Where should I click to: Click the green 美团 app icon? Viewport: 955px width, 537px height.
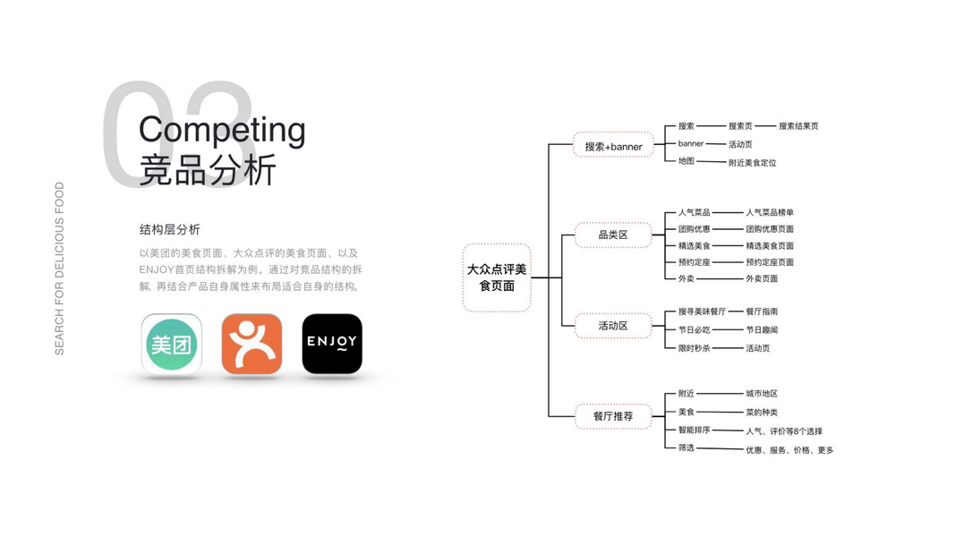pos(172,344)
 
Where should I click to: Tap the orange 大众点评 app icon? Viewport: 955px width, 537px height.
pos(252,344)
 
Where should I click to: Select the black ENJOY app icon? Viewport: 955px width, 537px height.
pos(332,344)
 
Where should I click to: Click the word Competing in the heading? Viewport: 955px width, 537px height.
pos(222,131)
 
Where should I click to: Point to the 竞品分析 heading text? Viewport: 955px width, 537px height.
pos(208,170)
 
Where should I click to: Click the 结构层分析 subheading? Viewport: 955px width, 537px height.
pos(170,230)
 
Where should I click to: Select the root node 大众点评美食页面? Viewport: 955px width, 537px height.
pos(497,277)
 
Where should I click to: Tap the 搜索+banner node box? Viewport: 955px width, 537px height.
pos(613,146)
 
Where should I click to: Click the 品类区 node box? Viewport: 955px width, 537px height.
pos(613,235)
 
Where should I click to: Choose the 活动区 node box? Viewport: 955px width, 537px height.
pos(613,326)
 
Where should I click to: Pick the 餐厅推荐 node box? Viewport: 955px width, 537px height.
pos(613,416)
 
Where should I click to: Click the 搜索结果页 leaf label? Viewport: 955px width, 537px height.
pos(798,126)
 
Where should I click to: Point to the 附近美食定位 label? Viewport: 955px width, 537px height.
pos(752,163)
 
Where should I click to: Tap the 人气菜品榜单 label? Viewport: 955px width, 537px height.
pos(770,213)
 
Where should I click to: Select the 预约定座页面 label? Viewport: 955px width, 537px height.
pos(770,262)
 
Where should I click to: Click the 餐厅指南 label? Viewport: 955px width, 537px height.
pos(762,311)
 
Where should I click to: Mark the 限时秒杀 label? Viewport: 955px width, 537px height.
pos(694,348)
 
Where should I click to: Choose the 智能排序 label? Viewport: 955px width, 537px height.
pos(694,430)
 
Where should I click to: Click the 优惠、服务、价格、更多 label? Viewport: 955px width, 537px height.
pos(789,450)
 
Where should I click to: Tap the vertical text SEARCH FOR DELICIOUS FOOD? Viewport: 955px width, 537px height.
pos(60,268)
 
